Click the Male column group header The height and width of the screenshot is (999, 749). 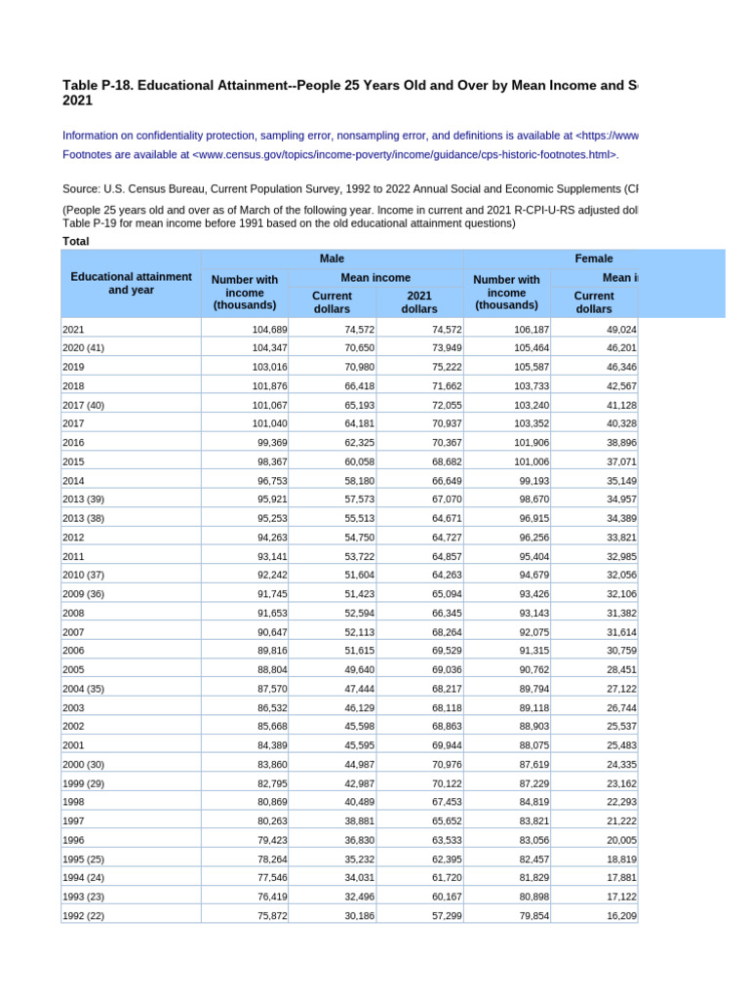[332, 259]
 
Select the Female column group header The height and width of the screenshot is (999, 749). [594, 259]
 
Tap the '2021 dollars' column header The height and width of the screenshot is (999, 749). [419, 301]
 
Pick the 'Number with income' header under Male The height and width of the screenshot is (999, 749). [244, 293]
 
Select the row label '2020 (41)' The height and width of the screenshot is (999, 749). [88, 348]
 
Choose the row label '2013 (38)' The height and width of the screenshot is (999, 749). [88, 518]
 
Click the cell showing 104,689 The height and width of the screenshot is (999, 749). [263, 330]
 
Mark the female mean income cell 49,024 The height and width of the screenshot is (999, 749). [620, 330]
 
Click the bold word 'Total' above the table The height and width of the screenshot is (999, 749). [76, 240]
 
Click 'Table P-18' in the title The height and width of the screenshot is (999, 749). [98, 86]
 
